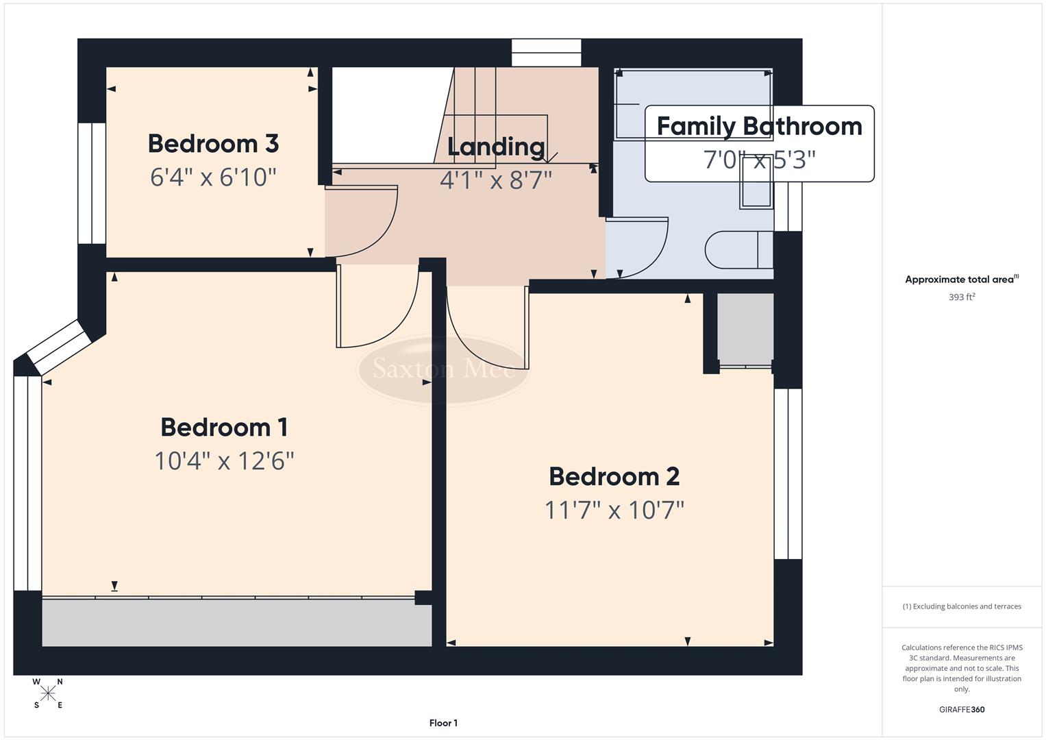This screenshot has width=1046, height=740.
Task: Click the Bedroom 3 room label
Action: tap(213, 144)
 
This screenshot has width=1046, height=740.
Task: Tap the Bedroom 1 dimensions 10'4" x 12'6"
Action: tap(224, 461)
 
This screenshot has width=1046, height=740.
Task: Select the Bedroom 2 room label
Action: tap(614, 476)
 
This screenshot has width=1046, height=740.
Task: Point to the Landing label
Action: tap(496, 147)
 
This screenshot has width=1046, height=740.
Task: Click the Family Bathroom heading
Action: tap(759, 127)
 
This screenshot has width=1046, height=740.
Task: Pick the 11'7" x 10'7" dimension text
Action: tap(614, 510)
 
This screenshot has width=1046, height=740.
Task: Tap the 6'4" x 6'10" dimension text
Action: tap(213, 177)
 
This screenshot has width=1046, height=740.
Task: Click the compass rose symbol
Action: tap(48, 693)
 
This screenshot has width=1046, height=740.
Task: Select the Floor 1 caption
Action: tap(443, 723)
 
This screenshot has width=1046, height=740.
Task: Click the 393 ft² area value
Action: tap(961, 297)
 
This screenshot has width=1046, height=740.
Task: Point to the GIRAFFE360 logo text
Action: tap(961, 709)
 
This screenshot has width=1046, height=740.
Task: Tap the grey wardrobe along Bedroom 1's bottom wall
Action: tap(236, 622)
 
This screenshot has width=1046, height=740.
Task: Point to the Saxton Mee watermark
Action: tap(443, 370)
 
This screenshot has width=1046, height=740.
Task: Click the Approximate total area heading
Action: tap(961, 280)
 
